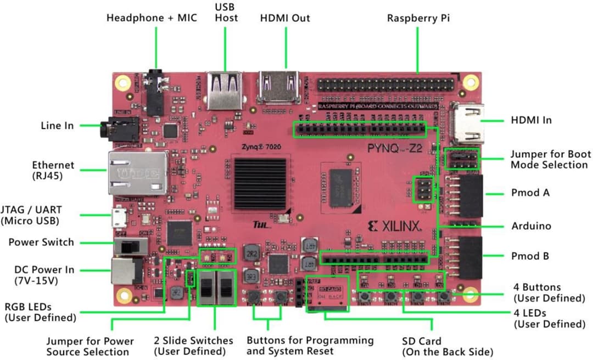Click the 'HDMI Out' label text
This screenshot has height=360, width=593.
point(285,18)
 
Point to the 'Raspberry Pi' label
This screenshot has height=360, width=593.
point(418,18)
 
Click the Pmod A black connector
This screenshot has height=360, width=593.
point(471,195)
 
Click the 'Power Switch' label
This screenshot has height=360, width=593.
point(41,242)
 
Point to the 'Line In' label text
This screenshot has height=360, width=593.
point(57,126)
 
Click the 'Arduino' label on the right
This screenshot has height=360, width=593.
point(531,226)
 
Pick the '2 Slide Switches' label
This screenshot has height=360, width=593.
point(189,346)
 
